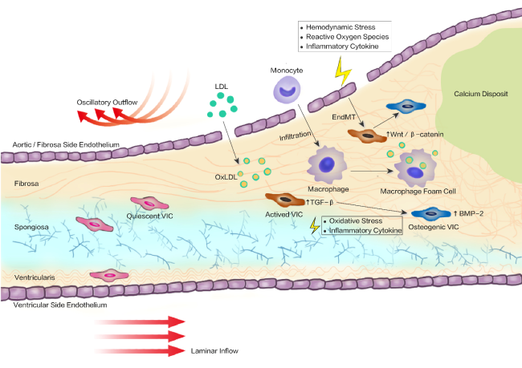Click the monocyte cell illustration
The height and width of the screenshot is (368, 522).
(287, 90)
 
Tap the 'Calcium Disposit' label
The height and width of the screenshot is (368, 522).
(481, 94)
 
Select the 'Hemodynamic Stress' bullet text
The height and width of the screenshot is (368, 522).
(341, 27)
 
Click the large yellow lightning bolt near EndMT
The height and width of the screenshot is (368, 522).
(343, 71)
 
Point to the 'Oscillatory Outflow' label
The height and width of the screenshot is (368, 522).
(107, 103)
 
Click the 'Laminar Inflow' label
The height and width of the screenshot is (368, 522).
(214, 350)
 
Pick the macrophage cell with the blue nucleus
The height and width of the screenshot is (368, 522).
(327, 165)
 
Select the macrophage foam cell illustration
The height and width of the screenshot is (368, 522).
(415, 168)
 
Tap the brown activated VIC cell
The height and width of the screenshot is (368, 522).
(285, 200)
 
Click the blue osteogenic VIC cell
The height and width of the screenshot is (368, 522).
(431, 214)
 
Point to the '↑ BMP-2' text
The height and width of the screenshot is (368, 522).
(468, 213)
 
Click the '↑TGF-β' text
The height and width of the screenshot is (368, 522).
(320, 202)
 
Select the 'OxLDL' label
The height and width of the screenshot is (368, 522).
(226, 177)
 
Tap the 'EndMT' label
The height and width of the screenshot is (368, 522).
(344, 117)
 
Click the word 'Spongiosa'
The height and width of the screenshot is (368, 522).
(31, 227)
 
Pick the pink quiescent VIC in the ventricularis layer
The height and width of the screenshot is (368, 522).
(109, 275)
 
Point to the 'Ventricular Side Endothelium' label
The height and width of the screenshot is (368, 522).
(60, 305)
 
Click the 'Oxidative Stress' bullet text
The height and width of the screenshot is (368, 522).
(356, 220)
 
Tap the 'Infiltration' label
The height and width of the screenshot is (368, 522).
(295, 135)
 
